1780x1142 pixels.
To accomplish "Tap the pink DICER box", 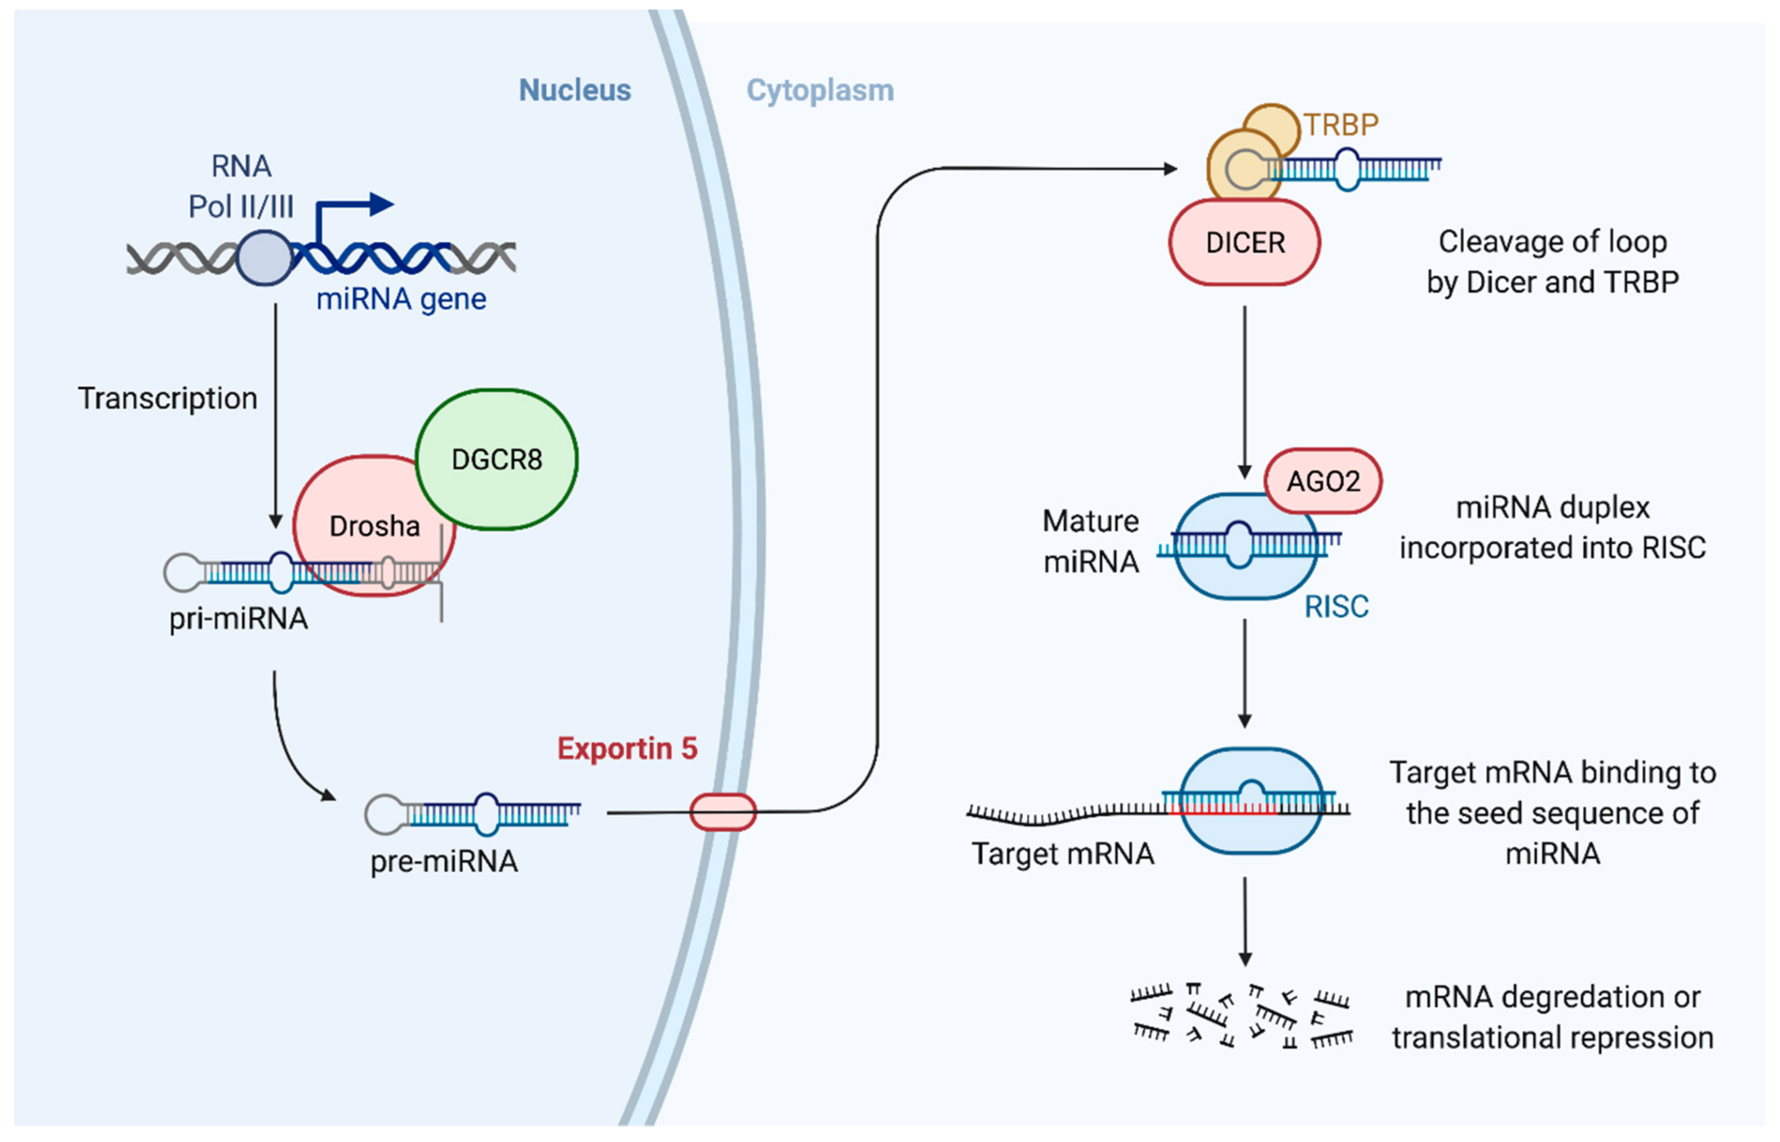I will tap(1244, 242).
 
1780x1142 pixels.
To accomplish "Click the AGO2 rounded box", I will tap(1323, 481).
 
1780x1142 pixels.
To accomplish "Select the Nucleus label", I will tap(575, 90).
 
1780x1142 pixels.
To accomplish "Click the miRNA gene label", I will tap(401, 299).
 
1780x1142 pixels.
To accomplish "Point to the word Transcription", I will tap(168, 398).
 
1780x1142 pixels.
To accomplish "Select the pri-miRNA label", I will tap(238, 618).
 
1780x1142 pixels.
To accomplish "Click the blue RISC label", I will tap(1336, 607).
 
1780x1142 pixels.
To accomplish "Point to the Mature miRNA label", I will tap(1091, 541).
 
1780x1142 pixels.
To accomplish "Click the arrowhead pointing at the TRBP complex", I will tap(1171, 169).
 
